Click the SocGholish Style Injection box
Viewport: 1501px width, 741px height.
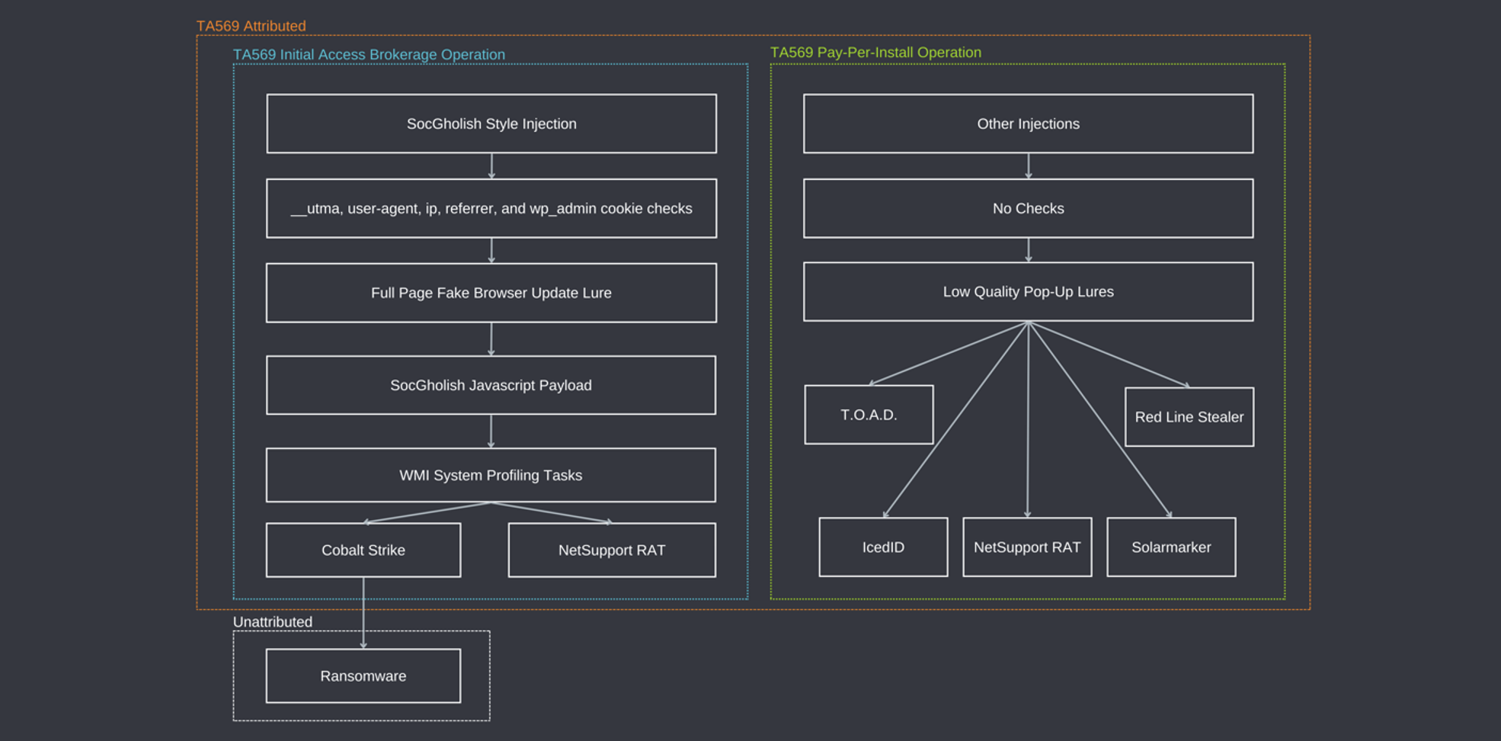[491, 124]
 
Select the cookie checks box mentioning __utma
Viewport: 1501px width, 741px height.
[491, 208]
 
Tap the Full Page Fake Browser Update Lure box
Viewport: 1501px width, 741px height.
[491, 293]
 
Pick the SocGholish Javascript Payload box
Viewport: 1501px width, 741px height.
[491, 385]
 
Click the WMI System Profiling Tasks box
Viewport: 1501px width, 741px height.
[491, 475]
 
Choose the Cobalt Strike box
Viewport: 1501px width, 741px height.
[363, 550]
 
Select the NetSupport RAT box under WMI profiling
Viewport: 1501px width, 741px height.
[612, 550]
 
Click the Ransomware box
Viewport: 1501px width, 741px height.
[363, 675]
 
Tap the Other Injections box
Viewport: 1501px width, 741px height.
[1029, 124]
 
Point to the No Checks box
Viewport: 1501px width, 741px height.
[1029, 208]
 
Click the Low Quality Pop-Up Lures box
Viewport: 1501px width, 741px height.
[1029, 291]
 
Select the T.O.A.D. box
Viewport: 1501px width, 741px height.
[869, 415]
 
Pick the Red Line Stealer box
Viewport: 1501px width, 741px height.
[1189, 417]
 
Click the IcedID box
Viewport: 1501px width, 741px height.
[884, 547]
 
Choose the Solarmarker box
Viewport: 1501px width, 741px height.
[1172, 547]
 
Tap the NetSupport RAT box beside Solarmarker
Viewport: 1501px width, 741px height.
[1028, 547]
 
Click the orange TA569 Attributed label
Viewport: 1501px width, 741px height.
[251, 26]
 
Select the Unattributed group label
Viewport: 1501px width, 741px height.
[273, 621]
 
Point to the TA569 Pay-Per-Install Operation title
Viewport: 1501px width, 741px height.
[875, 53]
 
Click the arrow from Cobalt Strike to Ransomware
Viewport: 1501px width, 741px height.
[363, 613]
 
